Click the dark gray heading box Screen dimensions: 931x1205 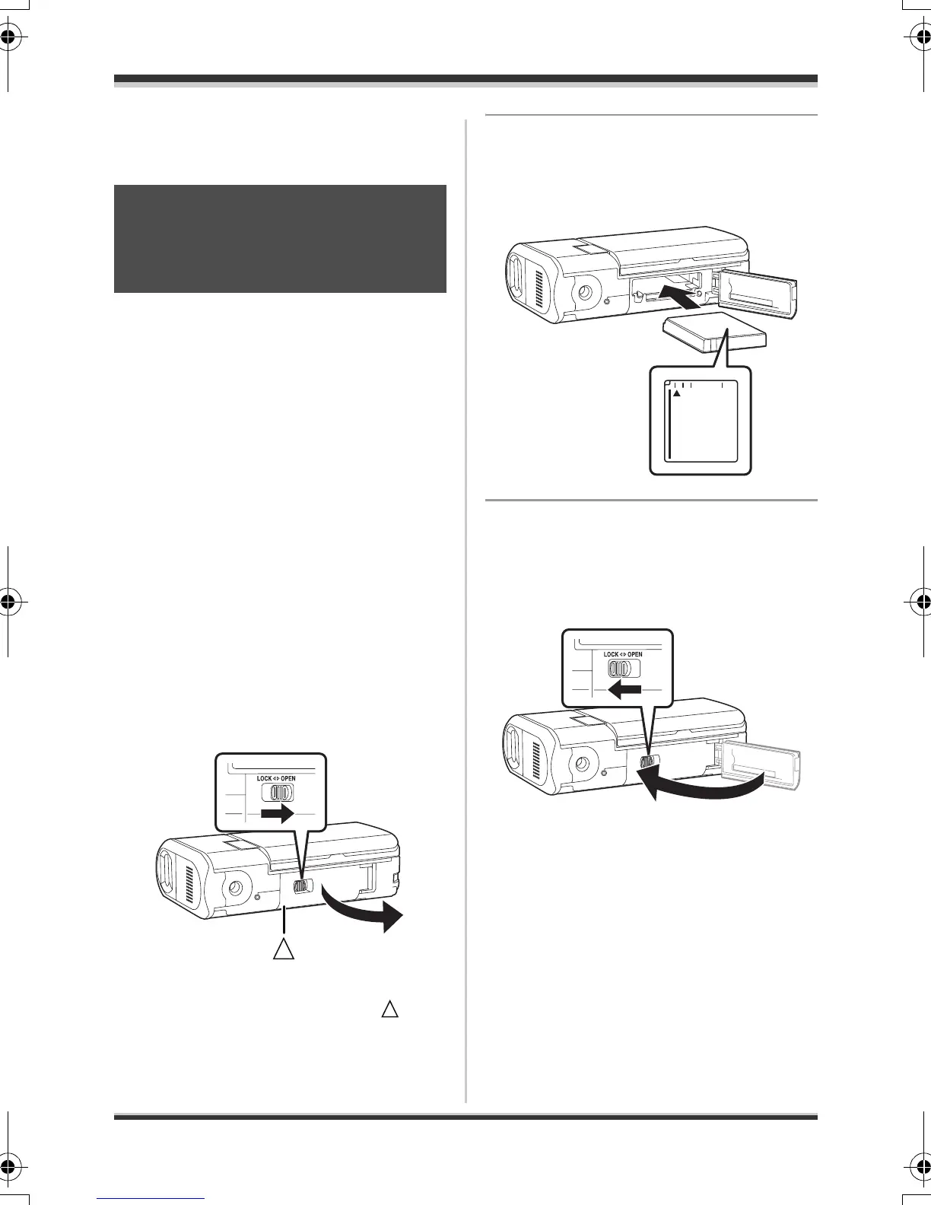coord(280,238)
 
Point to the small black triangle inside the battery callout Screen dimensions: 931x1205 coord(675,393)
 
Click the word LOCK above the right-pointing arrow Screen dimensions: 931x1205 coord(265,779)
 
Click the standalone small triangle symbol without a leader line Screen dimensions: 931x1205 coord(389,1009)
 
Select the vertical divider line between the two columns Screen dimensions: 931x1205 coord(465,609)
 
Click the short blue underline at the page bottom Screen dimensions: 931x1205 coord(152,1199)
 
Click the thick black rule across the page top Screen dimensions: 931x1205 coord(465,78)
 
